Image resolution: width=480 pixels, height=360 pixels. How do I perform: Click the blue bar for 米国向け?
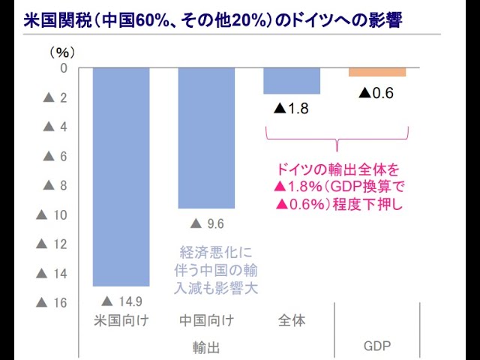[x=121, y=176]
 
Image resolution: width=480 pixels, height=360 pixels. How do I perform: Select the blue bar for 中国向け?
[x=206, y=137]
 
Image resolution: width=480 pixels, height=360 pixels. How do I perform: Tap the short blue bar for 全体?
[x=292, y=80]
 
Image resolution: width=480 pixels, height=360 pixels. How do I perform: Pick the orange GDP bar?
[x=377, y=72]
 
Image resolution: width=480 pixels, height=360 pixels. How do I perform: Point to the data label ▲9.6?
[x=207, y=223]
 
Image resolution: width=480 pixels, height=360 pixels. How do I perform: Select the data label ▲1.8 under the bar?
[x=292, y=109]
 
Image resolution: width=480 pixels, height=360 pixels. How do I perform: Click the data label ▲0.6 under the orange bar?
[x=376, y=93]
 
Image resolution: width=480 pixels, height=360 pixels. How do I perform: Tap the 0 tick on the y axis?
[x=64, y=68]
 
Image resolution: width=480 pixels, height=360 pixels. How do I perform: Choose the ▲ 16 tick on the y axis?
[x=52, y=303]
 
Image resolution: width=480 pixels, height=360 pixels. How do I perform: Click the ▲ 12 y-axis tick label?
[x=52, y=244]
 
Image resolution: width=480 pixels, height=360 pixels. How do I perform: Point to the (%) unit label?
[x=63, y=52]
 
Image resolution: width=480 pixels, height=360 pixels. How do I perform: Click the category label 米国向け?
[x=121, y=321]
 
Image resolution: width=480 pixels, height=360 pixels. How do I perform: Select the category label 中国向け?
[x=206, y=321]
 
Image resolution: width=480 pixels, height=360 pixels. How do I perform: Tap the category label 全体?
[x=292, y=321]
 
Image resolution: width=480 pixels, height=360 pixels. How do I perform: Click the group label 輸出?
[x=206, y=348]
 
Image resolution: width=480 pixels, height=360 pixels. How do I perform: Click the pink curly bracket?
[x=338, y=139]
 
